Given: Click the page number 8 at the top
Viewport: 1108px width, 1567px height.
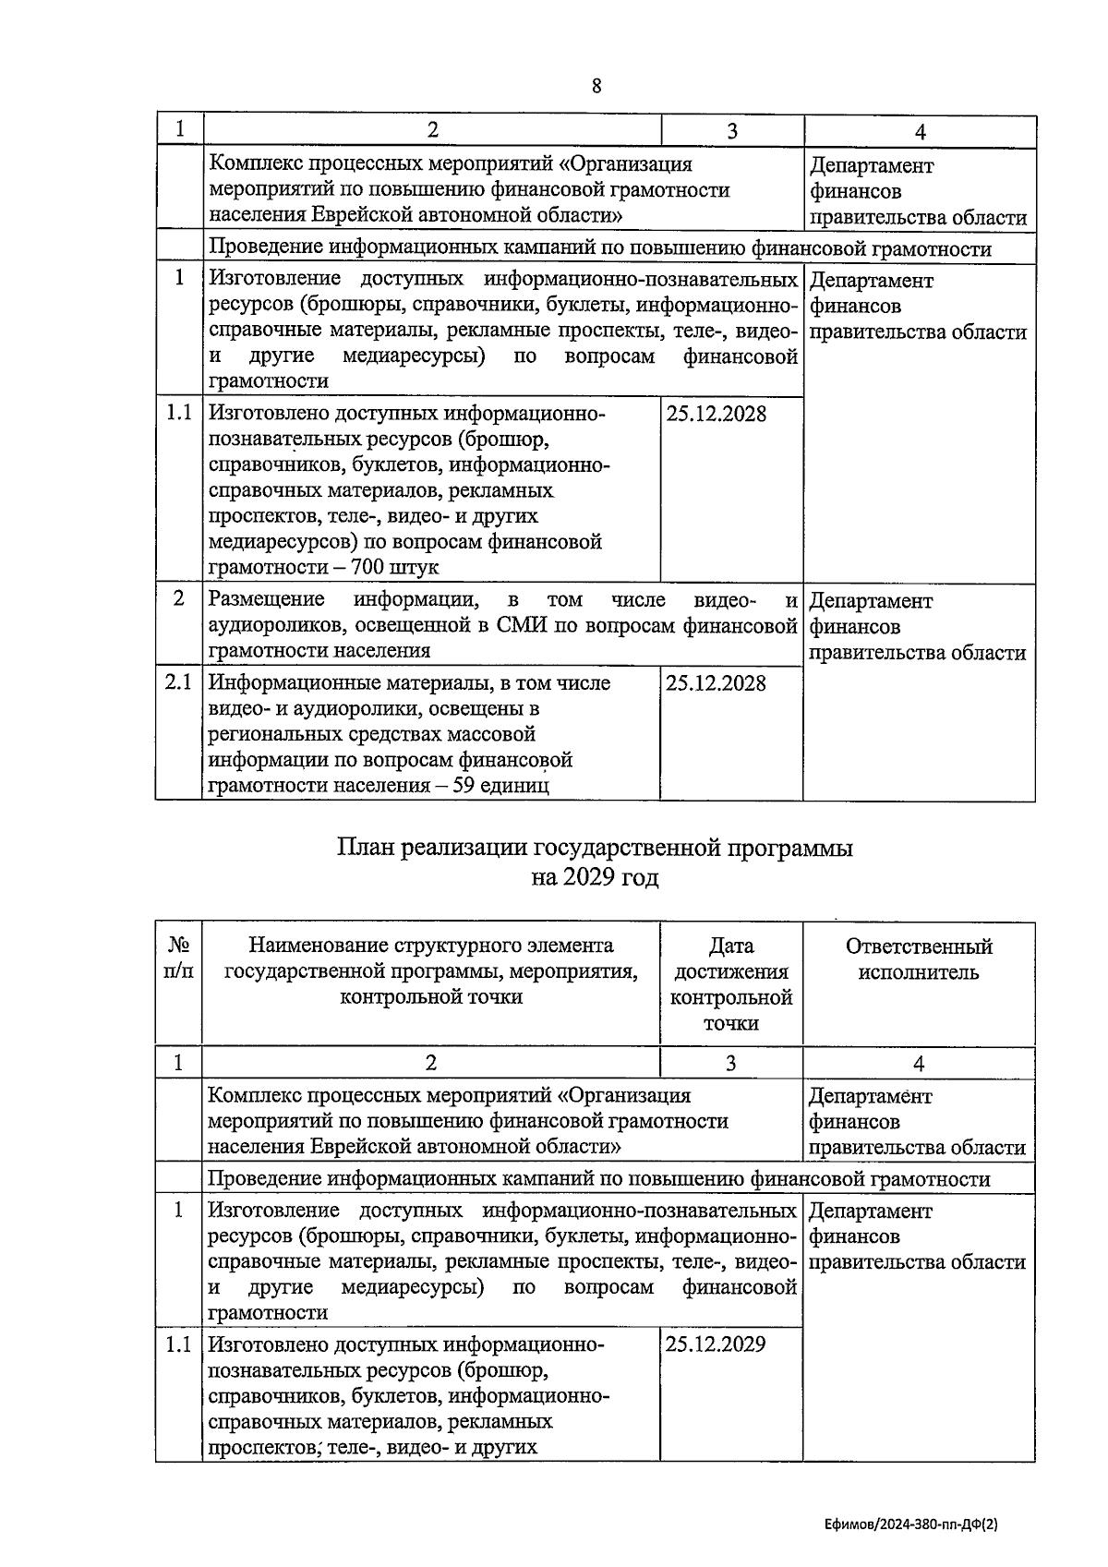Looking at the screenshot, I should pos(596,86).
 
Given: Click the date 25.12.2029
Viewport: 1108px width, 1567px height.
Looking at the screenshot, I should pos(716,1344).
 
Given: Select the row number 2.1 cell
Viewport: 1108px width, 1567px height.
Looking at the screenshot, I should pos(178,682).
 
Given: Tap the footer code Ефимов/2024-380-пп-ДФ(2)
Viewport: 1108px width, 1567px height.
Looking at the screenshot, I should pos(911,1526).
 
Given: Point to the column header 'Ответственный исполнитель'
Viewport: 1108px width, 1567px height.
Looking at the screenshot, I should pos(919,959).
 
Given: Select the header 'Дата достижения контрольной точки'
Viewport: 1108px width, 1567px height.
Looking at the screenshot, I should pos(731,984).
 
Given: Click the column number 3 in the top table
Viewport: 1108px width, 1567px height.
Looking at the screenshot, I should pos(732,131).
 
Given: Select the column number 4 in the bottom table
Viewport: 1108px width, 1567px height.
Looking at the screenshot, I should pos(919,1063).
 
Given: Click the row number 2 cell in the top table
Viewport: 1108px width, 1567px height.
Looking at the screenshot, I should pos(178,598).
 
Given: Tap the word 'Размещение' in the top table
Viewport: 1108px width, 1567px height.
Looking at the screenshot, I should pos(267,600).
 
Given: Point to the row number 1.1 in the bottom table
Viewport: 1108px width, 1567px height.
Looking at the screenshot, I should pos(178,1344).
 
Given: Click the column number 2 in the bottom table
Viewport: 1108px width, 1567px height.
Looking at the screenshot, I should pos(431,1063).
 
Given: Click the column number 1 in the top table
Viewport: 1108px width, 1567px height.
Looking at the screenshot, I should pos(179,129).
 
